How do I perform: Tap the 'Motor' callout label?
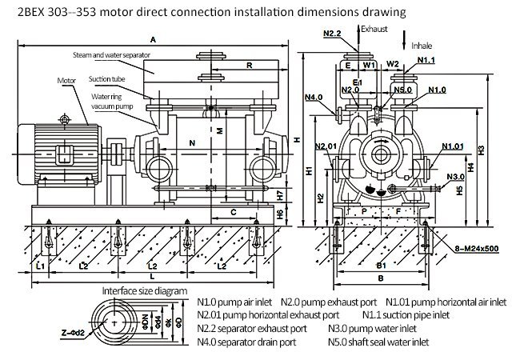68,81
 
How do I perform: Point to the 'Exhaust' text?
374,28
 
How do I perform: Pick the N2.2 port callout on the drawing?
335,33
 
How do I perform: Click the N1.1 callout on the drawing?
427,61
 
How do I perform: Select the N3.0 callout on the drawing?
455,176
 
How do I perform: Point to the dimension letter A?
153,39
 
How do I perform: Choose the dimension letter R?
250,66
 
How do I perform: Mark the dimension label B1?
382,265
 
